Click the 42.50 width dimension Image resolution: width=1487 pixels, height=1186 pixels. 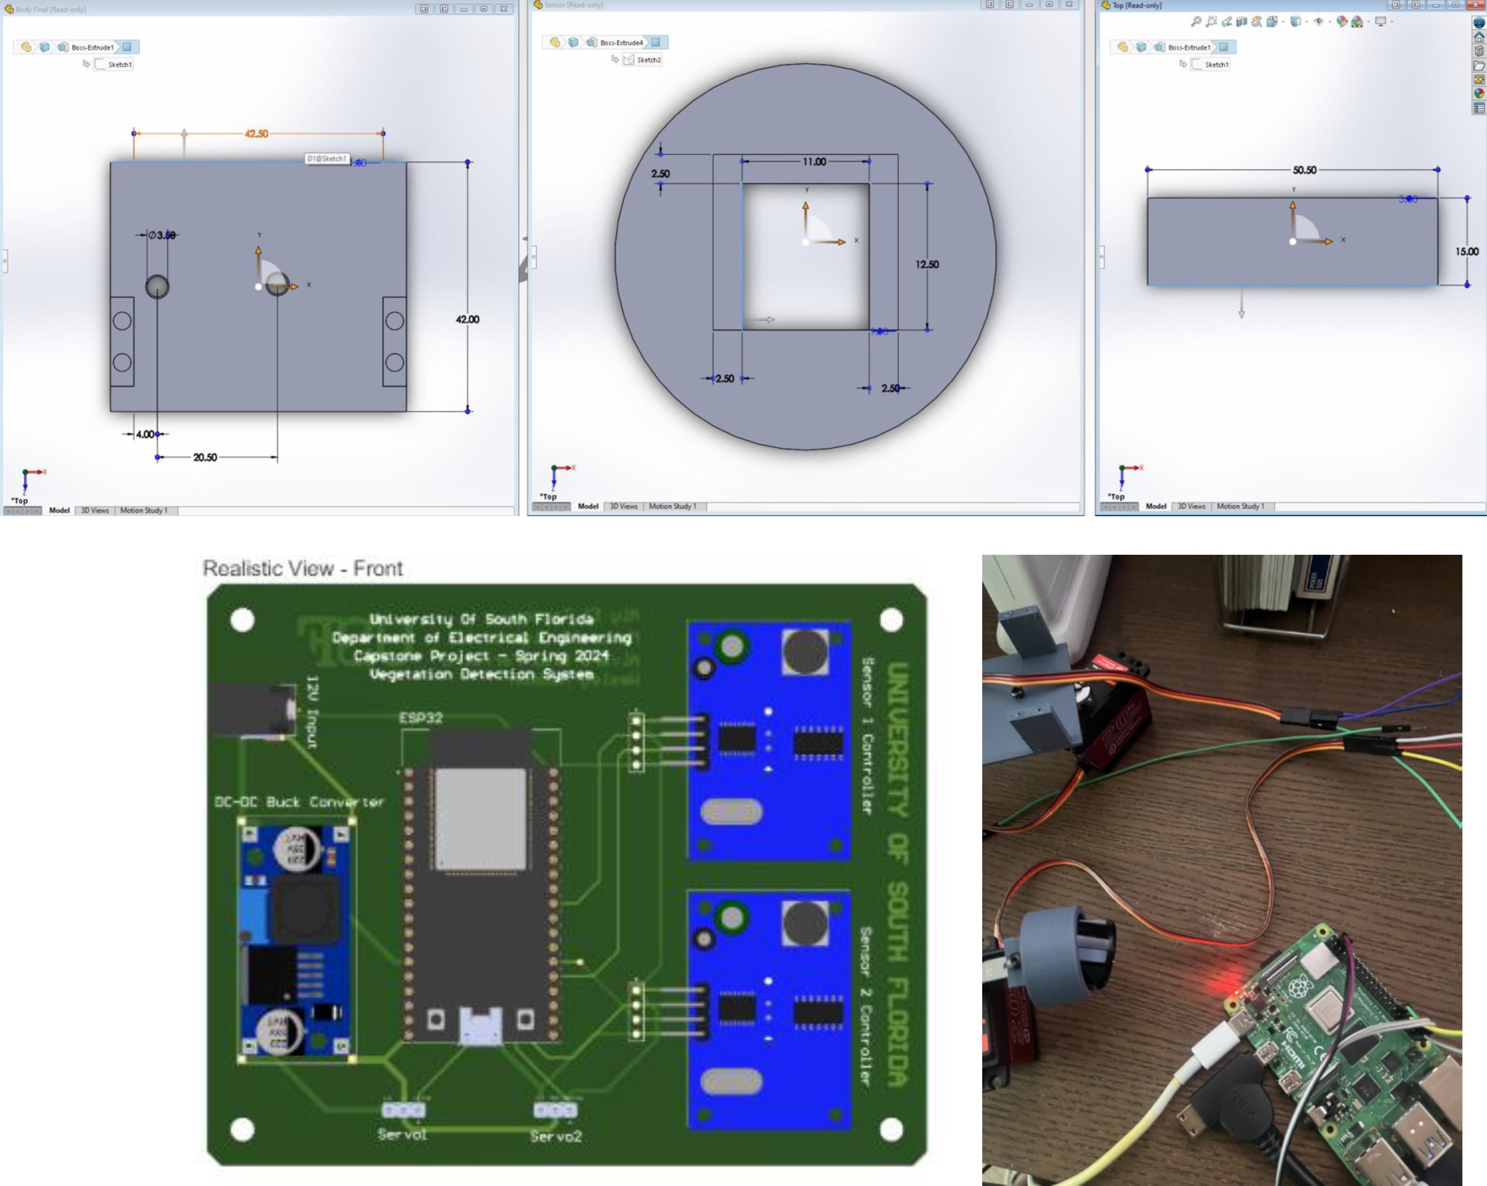click(x=256, y=133)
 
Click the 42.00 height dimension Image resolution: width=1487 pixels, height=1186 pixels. click(x=468, y=319)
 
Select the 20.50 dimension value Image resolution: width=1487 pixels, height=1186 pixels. click(x=205, y=457)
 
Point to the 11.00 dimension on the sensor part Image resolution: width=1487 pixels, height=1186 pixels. click(x=814, y=162)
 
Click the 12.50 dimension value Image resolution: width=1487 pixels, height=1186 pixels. click(x=927, y=264)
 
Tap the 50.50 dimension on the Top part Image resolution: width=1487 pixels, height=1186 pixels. click(x=1304, y=170)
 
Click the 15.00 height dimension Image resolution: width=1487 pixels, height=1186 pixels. click(x=1467, y=251)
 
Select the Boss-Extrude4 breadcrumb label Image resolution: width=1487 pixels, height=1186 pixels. click(x=621, y=43)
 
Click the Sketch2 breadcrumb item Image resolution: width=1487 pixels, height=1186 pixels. click(x=649, y=60)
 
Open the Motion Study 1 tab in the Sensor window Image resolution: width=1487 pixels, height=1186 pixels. click(x=672, y=506)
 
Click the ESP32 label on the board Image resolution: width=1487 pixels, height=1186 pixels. click(x=421, y=718)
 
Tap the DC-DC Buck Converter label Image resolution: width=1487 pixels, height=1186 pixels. click(x=299, y=802)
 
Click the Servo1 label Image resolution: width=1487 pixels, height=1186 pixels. click(x=402, y=1134)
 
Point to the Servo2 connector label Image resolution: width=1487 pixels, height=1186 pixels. click(x=556, y=1136)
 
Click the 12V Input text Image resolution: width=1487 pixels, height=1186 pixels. click(x=312, y=712)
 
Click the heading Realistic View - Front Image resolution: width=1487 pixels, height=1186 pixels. click(x=303, y=568)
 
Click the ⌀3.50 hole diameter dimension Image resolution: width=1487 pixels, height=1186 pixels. click(x=163, y=235)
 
